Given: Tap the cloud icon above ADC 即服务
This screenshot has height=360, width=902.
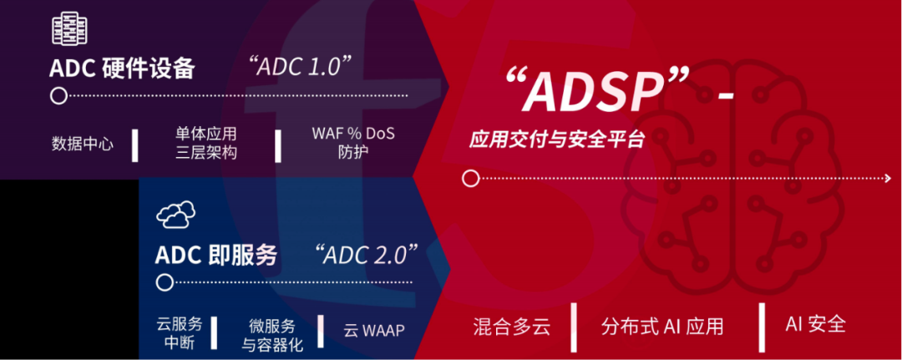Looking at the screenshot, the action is pyautogui.click(x=175, y=215).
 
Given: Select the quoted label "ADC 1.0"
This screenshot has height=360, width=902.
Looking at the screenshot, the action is pyautogui.click(x=301, y=67).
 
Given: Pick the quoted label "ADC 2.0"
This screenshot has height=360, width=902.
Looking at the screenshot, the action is pyautogui.click(x=367, y=253).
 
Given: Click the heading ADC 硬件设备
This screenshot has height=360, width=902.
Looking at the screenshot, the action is pyautogui.click(x=122, y=68).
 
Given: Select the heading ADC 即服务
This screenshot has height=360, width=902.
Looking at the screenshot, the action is pyautogui.click(x=215, y=255).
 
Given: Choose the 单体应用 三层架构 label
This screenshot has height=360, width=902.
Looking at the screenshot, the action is pyautogui.click(x=206, y=144).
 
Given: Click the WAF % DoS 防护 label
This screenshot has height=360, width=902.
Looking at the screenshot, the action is pyautogui.click(x=353, y=143).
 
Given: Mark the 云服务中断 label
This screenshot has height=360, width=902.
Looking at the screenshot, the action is pyautogui.click(x=180, y=333).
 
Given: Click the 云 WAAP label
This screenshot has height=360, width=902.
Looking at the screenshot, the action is pyautogui.click(x=374, y=331).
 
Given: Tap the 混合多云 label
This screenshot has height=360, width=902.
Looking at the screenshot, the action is pyautogui.click(x=512, y=327).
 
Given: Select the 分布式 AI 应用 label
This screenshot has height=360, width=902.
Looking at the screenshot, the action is pyautogui.click(x=661, y=327).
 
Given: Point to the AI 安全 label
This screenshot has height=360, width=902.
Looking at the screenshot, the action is pyautogui.click(x=815, y=324).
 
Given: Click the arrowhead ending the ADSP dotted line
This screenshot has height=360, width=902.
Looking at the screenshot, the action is pyautogui.click(x=888, y=179).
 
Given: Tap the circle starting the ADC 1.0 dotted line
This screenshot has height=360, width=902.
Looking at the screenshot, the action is pyautogui.click(x=58, y=95).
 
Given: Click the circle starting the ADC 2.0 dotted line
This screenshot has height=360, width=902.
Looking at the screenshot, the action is pyautogui.click(x=165, y=282).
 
